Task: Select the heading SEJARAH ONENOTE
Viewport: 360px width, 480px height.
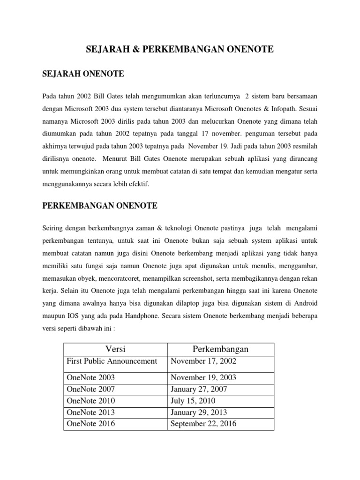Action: click(83, 73)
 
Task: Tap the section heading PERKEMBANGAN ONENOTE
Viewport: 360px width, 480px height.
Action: click(100, 206)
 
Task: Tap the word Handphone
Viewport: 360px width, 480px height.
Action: click(140, 316)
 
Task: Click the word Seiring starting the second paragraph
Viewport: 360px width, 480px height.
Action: click(52, 228)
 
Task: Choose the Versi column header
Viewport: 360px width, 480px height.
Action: click(115, 349)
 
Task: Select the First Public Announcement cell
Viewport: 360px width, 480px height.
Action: click(112, 361)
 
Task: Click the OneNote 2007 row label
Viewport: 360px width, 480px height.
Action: click(90, 389)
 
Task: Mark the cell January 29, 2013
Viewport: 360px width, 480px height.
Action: click(199, 412)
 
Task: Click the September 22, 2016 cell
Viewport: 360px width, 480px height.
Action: click(203, 424)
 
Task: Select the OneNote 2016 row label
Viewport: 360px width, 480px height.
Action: click(90, 424)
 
